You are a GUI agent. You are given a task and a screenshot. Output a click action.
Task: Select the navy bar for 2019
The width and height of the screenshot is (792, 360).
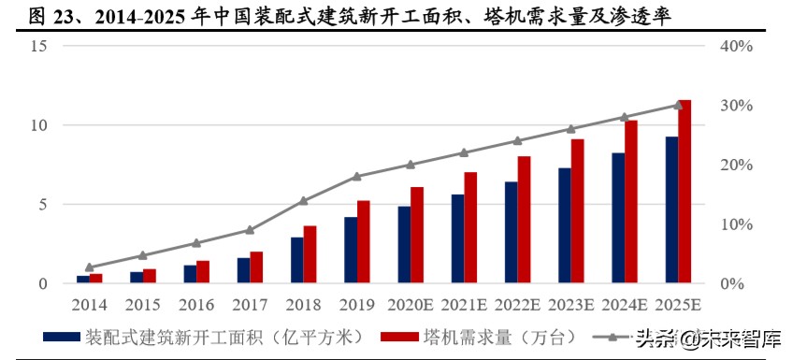pyautogui.click(x=351, y=250)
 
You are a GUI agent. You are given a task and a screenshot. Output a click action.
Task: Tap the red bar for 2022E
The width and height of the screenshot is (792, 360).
pyautogui.click(x=525, y=220)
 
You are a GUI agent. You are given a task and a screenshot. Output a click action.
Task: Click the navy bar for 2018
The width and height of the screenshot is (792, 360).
pyautogui.click(x=297, y=260)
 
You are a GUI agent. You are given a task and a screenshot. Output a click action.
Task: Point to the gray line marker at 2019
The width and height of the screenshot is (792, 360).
pyautogui.click(x=357, y=177)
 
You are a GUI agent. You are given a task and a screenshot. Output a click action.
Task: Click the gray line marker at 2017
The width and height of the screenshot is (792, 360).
pyautogui.click(x=250, y=230)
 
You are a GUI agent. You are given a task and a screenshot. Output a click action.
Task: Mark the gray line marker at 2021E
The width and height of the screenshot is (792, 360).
pyautogui.click(x=464, y=152)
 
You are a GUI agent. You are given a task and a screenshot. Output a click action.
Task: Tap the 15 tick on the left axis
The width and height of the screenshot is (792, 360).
pyautogui.click(x=38, y=47)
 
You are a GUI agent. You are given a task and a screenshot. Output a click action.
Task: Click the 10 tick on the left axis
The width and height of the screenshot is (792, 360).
pyautogui.click(x=38, y=125)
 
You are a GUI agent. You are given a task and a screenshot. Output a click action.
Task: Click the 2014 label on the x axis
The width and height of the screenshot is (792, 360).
pyautogui.click(x=90, y=305)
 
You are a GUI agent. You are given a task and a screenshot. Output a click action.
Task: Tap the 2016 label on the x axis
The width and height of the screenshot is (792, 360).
pyautogui.click(x=196, y=305)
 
